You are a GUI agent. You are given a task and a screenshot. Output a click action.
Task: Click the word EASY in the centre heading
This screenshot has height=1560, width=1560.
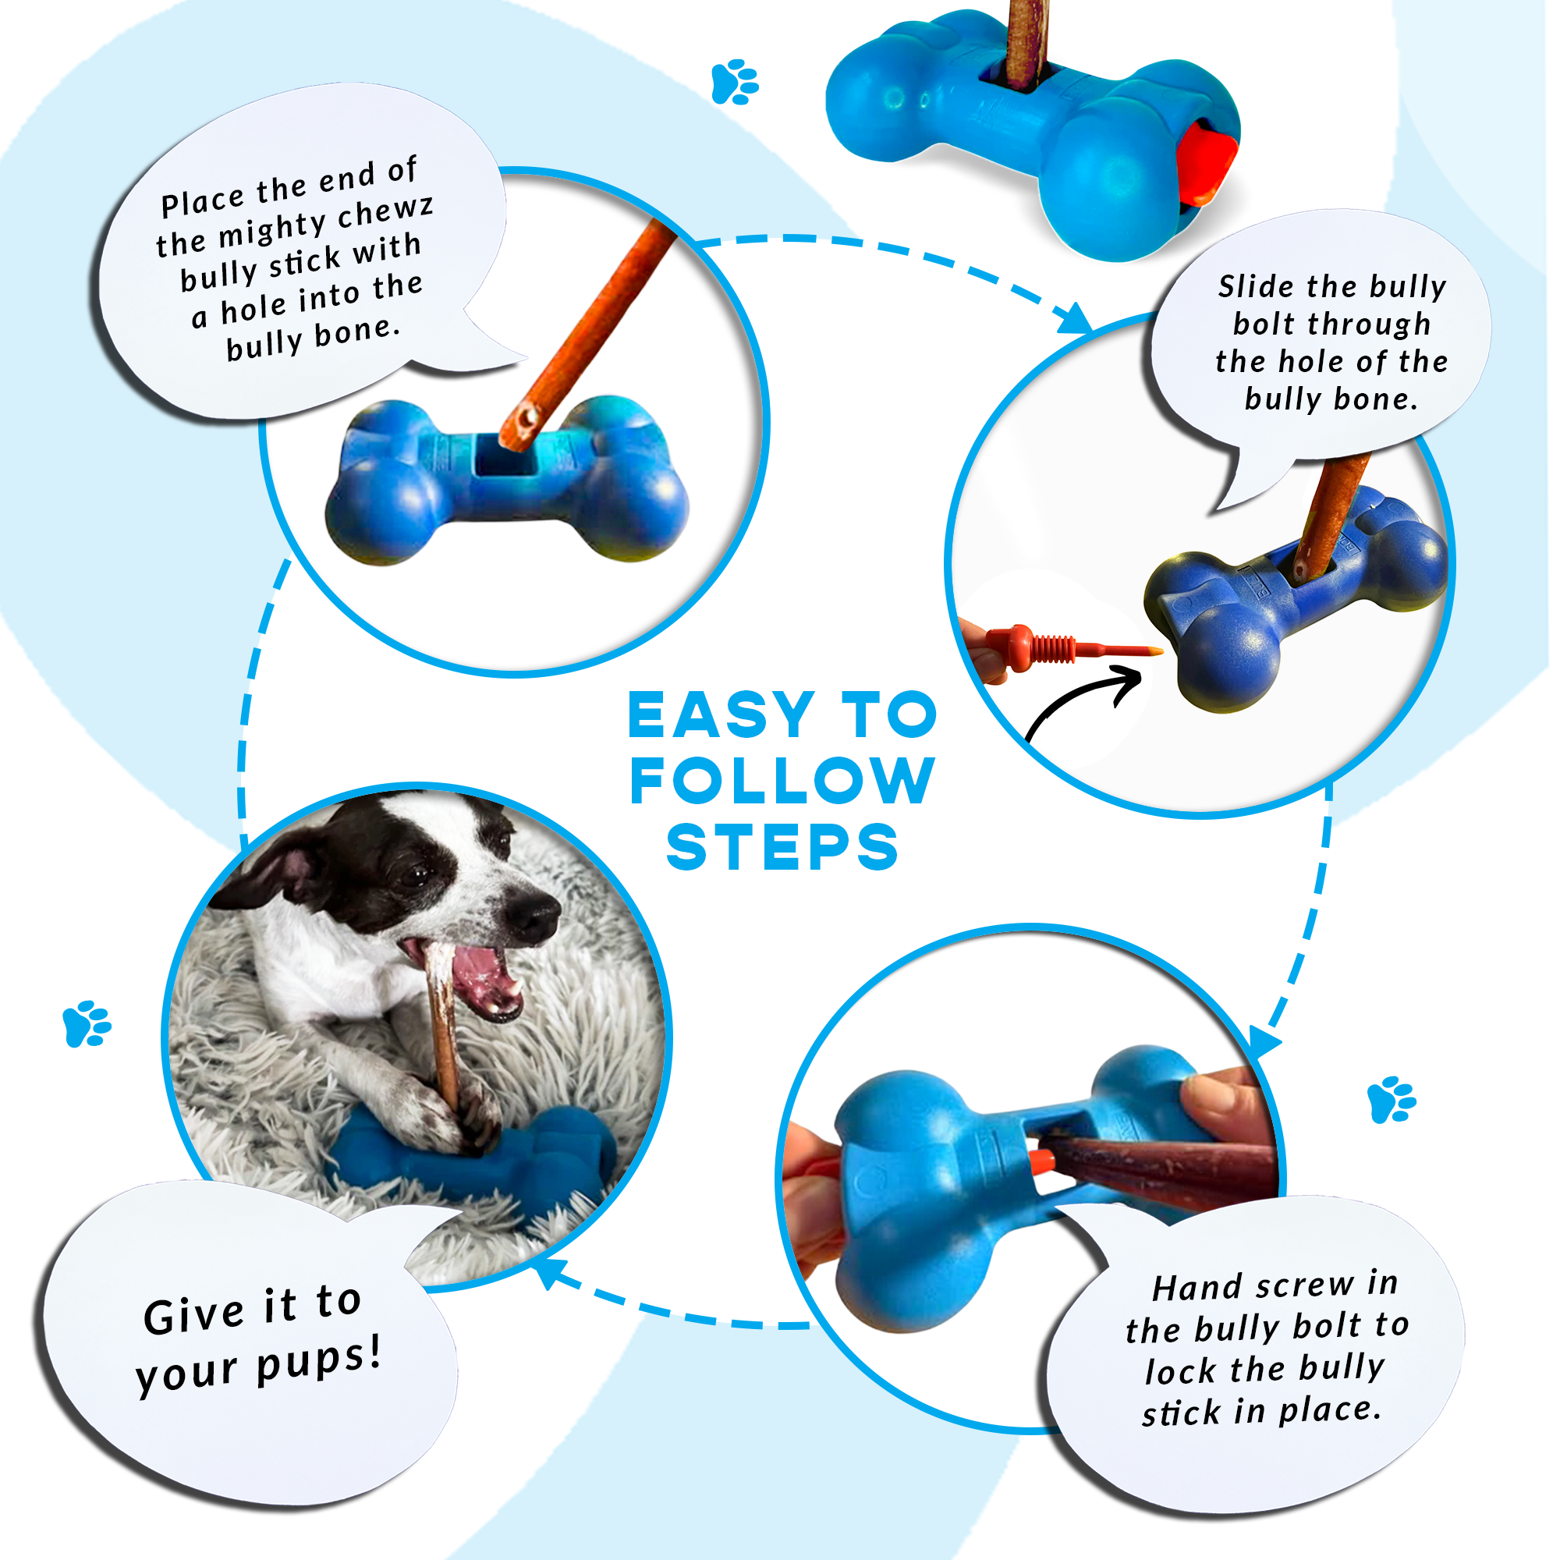(721, 715)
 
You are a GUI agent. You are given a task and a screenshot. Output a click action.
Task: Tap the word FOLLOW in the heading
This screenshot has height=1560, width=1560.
(782, 781)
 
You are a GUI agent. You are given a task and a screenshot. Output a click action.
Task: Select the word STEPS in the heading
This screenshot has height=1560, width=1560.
(782, 847)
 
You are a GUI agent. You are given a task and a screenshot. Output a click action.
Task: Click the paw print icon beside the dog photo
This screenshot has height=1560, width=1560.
(87, 1024)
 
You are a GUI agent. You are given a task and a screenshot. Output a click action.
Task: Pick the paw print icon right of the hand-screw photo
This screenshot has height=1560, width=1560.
(1392, 1099)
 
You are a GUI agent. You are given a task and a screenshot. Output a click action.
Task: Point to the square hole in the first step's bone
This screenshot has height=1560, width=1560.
(505, 456)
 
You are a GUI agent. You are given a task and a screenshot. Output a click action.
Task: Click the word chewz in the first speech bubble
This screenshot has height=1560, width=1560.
(385, 212)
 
